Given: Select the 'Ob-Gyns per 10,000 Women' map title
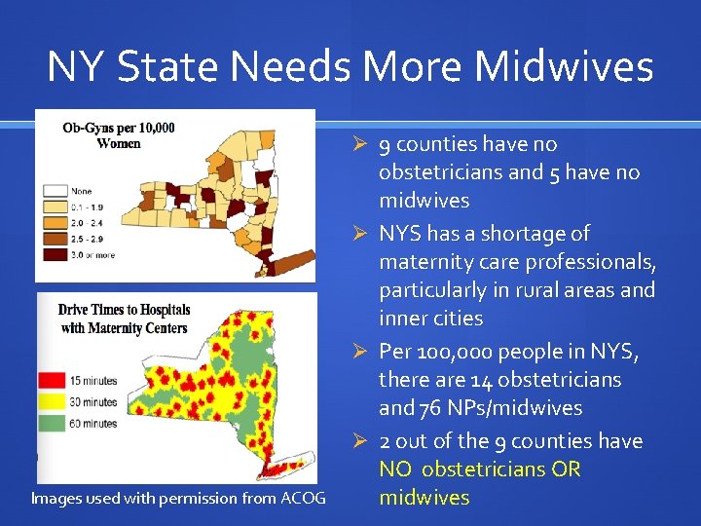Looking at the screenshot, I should pos(118,135).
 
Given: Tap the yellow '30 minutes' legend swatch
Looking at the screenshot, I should pos(52,402).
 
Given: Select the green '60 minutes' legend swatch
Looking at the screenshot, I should pos(52,423).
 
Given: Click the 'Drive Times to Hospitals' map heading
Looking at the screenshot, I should pos(124,310).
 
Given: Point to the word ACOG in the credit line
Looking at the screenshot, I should pos(303,499).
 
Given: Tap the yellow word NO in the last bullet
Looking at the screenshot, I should pos(395,470).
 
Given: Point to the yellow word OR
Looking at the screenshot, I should pos(565,470).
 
